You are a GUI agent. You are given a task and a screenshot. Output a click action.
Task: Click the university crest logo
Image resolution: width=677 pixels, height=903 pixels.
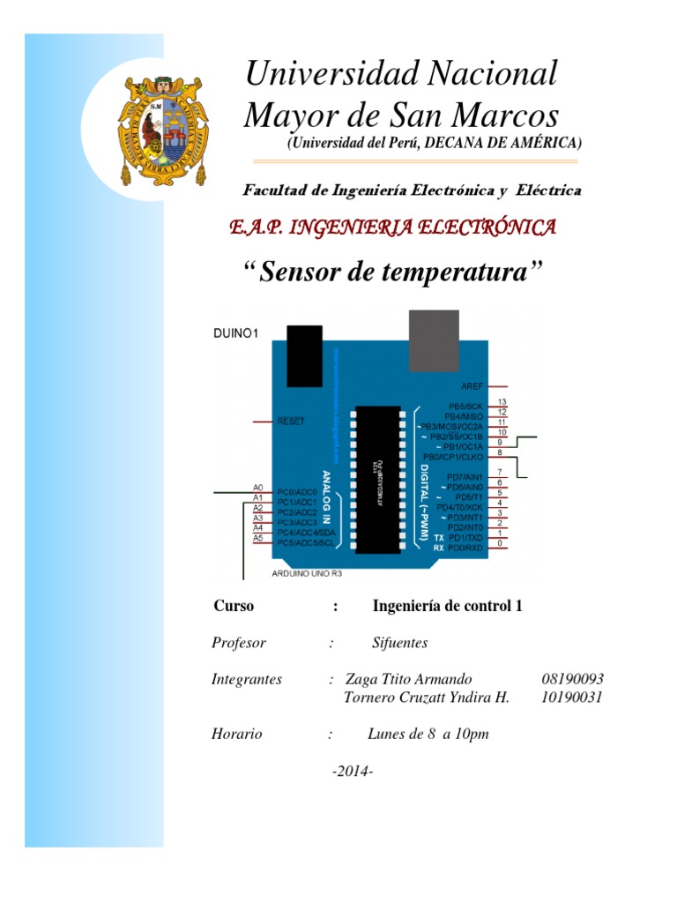[x=164, y=130]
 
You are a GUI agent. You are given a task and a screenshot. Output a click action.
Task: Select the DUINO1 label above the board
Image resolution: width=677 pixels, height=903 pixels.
[x=236, y=333]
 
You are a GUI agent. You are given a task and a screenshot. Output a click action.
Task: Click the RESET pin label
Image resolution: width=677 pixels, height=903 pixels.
[x=291, y=422]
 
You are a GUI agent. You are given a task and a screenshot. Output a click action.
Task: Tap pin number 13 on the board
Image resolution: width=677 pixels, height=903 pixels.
[x=501, y=402]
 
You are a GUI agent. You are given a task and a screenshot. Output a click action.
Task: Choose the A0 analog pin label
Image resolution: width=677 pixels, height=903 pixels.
[x=258, y=488]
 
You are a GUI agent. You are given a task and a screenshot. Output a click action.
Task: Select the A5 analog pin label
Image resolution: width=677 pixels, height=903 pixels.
[x=258, y=538]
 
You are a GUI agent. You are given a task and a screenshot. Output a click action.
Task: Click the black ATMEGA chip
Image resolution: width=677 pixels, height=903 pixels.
[x=378, y=481]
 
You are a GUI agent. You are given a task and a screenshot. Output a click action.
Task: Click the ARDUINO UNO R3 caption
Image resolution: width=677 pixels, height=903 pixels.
[x=307, y=573]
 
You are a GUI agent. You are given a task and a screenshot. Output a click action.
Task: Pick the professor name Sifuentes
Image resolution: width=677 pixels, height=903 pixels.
[x=400, y=643]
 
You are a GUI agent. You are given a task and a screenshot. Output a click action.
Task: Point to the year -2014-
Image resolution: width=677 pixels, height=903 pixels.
[x=353, y=772]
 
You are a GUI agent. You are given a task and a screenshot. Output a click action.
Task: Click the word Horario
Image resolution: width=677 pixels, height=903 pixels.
[x=237, y=734]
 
